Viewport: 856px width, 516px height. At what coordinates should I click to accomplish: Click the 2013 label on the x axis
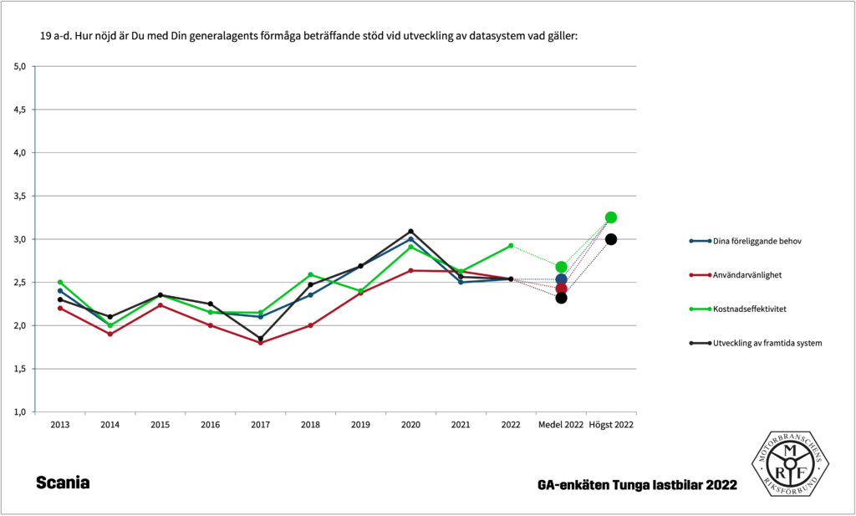pyautogui.click(x=60, y=425)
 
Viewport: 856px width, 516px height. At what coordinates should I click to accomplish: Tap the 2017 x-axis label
pyautogui.click(x=260, y=425)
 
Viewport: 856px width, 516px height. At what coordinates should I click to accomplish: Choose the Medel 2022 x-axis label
pyautogui.click(x=561, y=425)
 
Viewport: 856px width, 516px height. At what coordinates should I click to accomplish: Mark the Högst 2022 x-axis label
pyautogui.click(x=611, y=425)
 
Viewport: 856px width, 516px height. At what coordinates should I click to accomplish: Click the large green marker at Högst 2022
pyautogui.click(x=611, y=217)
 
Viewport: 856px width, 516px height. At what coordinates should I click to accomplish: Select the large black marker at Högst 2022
pyautogui.click(x=611, y=239)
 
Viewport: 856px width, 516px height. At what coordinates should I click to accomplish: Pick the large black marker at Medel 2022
pyautogui.click(x=561, y=298)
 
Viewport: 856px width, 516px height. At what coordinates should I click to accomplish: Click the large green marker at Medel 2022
pyautogui.click(x=561, y=267)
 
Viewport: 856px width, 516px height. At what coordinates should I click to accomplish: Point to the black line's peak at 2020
pyautogui.click(x=410, y=231)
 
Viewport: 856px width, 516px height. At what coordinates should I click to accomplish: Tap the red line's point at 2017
pyautogui.click(x=260, y=343)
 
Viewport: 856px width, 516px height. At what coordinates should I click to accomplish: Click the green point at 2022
pyautogui.click(x=511, y=246)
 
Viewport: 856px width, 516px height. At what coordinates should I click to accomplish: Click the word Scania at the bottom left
pyautogui.click(x=63, y=483)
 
